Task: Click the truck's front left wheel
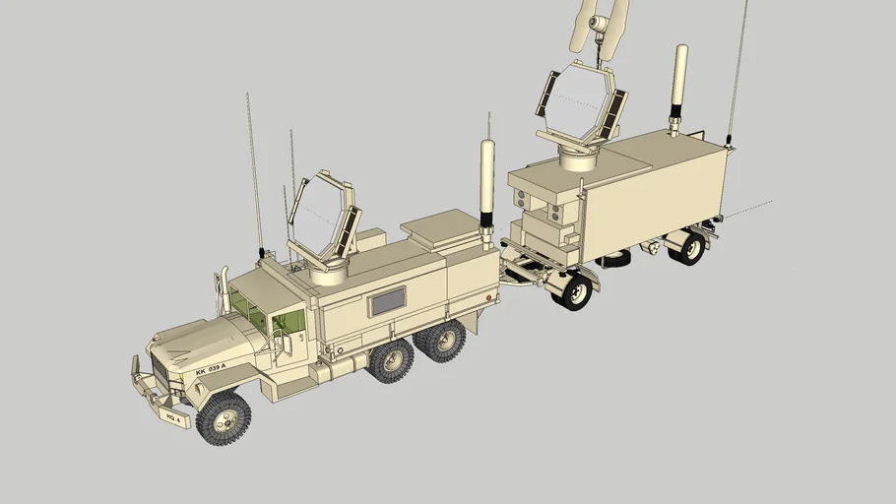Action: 223,416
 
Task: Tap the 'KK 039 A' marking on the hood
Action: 211,367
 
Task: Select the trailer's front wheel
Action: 573,290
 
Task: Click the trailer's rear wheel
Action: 686,247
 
